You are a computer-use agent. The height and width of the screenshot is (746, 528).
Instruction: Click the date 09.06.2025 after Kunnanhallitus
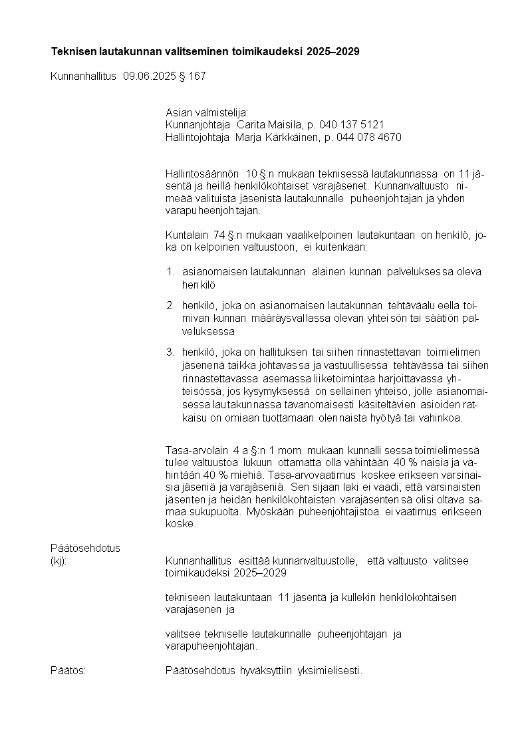pyautogui.click(x=149, y=76)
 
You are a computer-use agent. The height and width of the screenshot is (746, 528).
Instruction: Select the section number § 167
pyautogui.click(x=192, y=76)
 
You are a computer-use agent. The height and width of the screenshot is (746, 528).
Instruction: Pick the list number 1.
pyautogui.click(x=170, y=271)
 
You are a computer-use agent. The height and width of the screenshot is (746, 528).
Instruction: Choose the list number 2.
pyautogui.click(x=170, y=306)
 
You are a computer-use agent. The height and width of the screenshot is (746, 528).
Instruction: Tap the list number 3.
pyautogui.click(x=170, y=352)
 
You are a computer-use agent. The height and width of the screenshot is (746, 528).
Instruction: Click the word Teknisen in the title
pyautogui.click(x=73, y=51)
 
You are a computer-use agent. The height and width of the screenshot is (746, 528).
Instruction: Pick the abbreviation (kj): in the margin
pyautogui.click(x=59, y=560)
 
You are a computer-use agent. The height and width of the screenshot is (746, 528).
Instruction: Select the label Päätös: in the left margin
pyautogui.click(x=68, y=670)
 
